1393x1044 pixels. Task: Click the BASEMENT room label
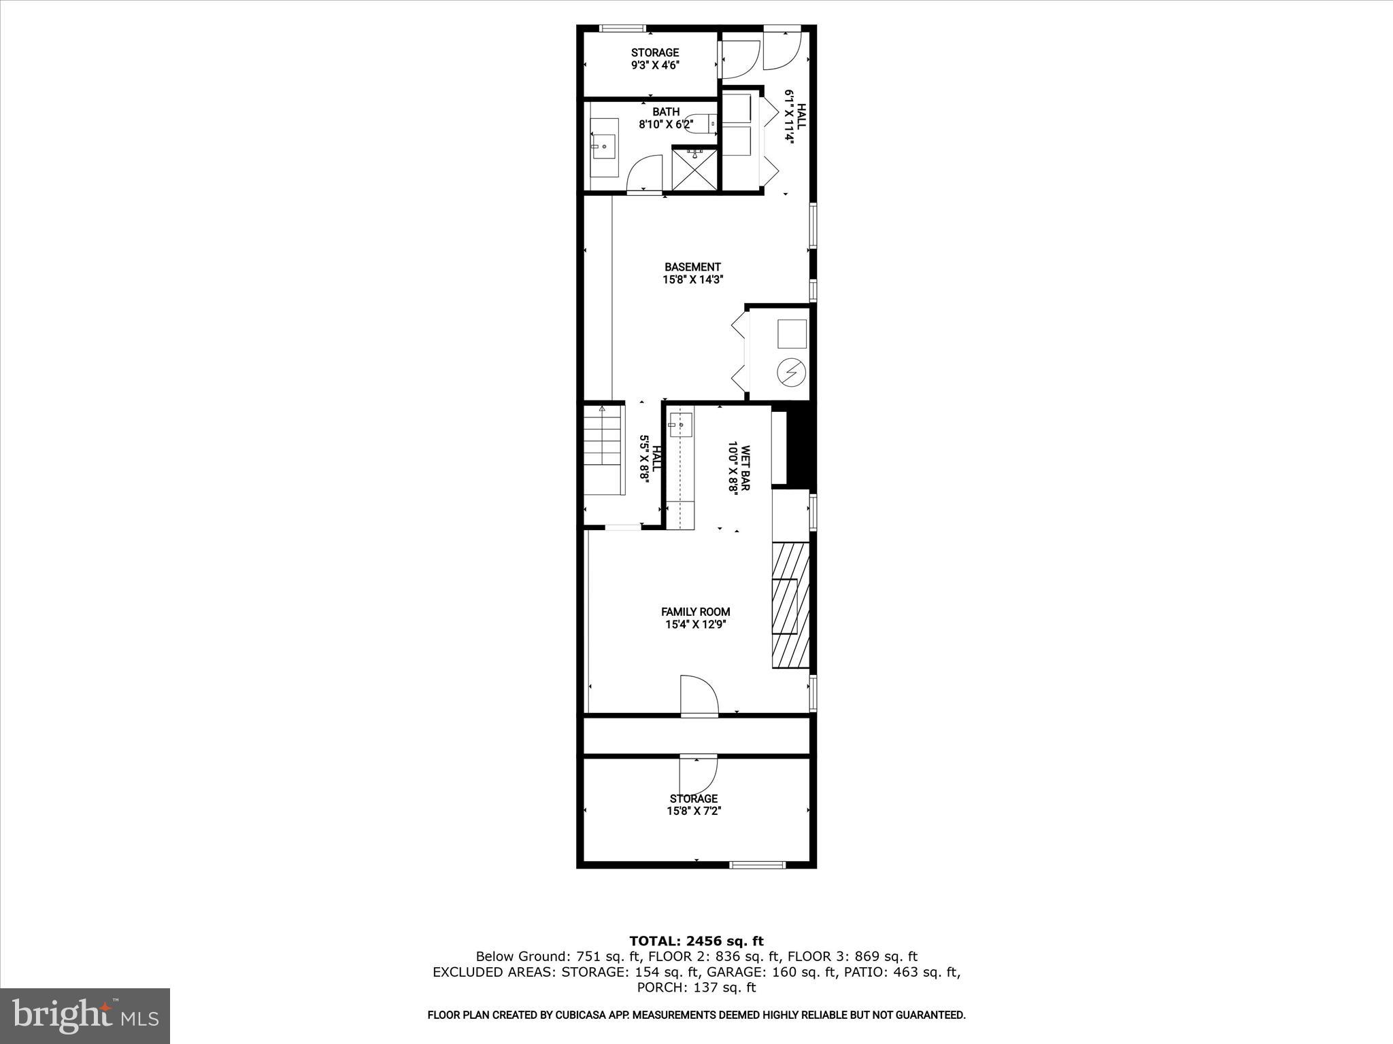point(692,267)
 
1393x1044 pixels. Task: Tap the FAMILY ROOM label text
point(695,612)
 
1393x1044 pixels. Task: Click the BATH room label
point(665,111)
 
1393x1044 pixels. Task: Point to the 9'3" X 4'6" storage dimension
point(655,65)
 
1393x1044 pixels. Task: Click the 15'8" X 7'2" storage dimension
point(693,811)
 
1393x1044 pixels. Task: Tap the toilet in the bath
point(701,122)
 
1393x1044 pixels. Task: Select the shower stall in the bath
point(694,169)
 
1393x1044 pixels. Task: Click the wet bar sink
point(679,425)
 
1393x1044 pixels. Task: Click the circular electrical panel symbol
point(792,372)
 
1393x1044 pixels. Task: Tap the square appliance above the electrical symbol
point(792,333)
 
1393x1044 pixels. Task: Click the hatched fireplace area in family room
point(790,605)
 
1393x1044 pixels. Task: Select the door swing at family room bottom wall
point(699,697)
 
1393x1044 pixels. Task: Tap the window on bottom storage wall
point(757,865)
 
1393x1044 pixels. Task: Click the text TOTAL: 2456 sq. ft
point(696,941)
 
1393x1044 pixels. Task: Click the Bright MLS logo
point(85,1016)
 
